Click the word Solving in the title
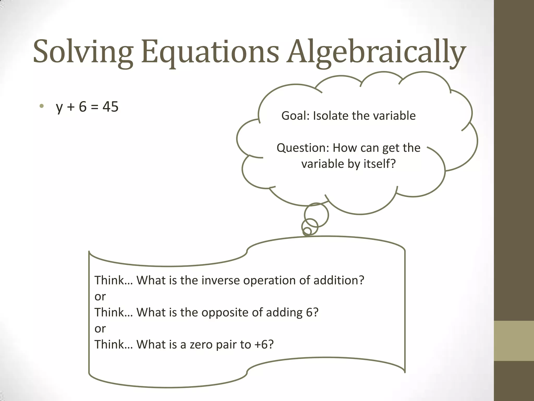coord(83,52)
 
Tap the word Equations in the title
coord(210,52)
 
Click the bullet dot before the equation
coord(41,106)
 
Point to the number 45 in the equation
coord(110,107)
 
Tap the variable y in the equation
coord(59,108)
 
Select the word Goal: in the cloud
coord(295,116)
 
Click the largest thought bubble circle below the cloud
coord(316,215)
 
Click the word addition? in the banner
coord(338,280)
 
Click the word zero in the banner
coord(199,345)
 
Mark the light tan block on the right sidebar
coord(514,341)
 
